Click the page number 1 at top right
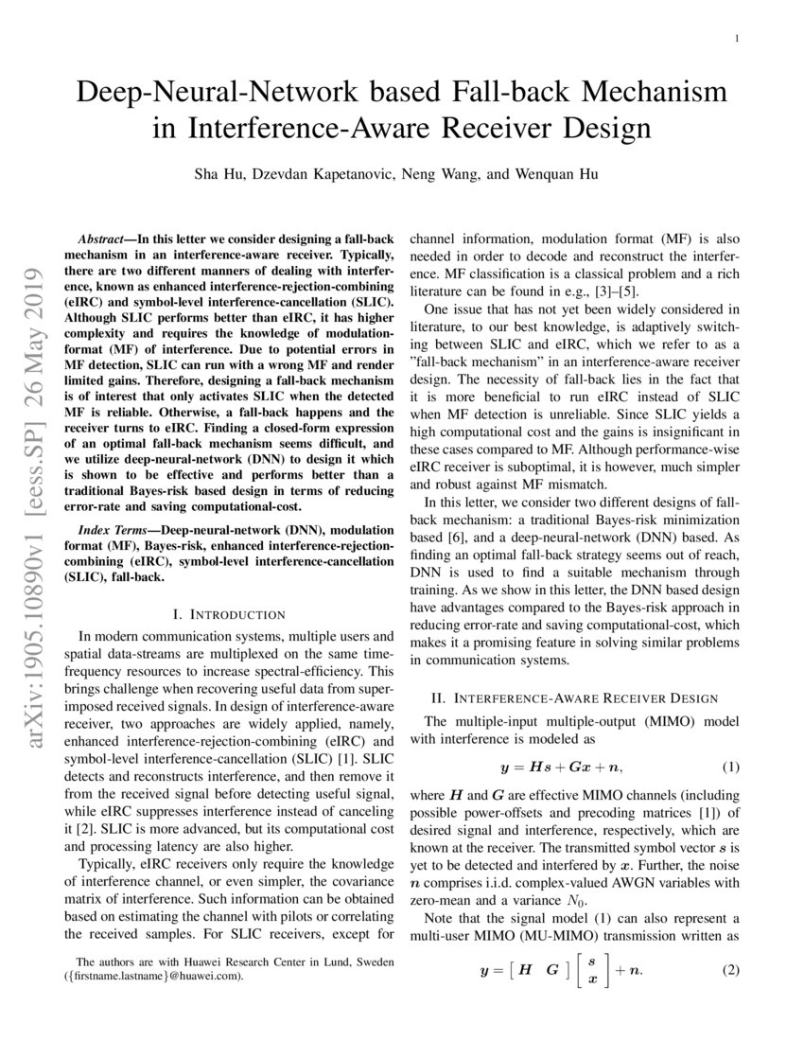coord(736,39)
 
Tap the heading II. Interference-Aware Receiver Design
coord(574,698)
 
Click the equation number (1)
coord(729,766)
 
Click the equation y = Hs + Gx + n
coord(561,766)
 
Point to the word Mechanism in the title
coord(635,93)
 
